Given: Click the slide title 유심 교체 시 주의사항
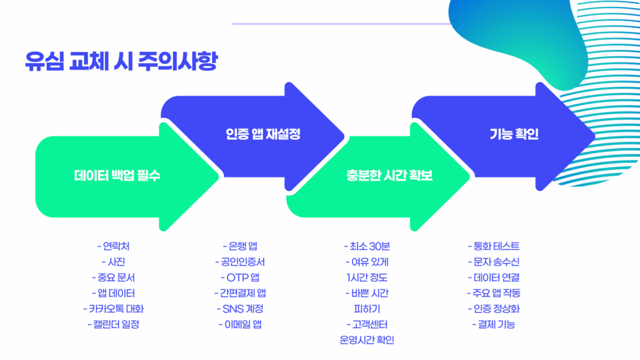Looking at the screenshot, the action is pyautogui.click(x=121, y=61).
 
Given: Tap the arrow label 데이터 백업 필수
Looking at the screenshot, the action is pyautogui.click(x=117, y=176).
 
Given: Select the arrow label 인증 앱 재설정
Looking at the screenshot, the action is pyautogui.click(x=263, y=134).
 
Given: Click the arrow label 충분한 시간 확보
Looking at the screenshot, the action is pyautogui.click(x=389, y=176).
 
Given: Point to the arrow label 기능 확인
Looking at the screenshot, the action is pyautogui.click(x=514, y=134).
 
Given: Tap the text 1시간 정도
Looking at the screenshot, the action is pyautogui.click(x=367, y=277).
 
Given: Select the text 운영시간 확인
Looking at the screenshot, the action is pyautogui.click(x=367, y=340).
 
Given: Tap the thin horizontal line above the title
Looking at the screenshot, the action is pyautogui.click(x=342, y=24).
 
